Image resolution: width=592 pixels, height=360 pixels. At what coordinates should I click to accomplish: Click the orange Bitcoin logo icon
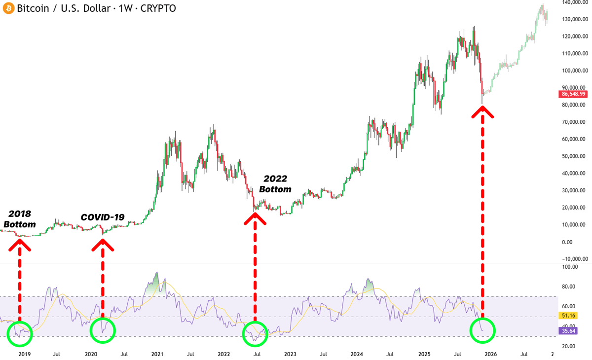[x=8, y=8]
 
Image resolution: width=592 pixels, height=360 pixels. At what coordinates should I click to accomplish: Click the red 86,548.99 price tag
[x=573, y=94]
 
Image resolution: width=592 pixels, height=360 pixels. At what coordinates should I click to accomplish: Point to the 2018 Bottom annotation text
[x=20, y=219]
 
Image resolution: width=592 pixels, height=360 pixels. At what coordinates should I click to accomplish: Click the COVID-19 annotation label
[x=103, y=217]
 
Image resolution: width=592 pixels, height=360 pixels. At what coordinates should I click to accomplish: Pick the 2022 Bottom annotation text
[x=275, y=183]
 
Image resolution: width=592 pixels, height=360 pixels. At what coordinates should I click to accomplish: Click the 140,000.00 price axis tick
[x=575, y=2]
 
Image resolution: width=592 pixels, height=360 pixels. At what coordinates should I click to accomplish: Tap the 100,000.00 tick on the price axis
[x=575, y=71]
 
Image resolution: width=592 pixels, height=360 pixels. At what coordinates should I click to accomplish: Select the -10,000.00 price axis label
[x=575, y=259]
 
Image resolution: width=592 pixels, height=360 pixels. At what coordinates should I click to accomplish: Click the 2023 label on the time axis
[x=290, y=354]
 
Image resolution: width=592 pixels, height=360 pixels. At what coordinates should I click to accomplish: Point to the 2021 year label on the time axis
[x=157, y=354]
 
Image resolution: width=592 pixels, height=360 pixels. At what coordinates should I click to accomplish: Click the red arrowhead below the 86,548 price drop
[x=482, y=112]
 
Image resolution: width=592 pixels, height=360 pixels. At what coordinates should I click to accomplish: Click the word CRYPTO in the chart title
[x=159, y=8]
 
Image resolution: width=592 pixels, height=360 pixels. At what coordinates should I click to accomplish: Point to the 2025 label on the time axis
[x=423, y=354]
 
